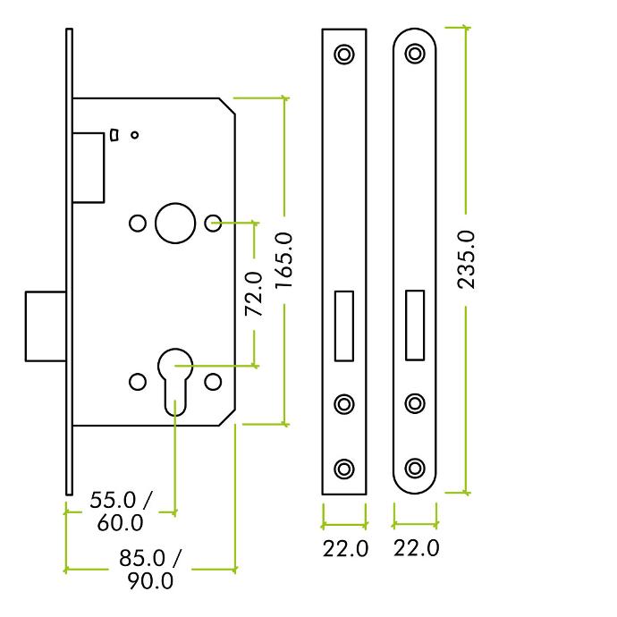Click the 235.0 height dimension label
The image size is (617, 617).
[466, 260]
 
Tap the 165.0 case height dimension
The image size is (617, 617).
[283, 261]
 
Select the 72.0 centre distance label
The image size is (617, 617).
[254, 294]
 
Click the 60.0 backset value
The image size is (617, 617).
[120, 523]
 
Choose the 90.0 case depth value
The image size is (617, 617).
[150, 581]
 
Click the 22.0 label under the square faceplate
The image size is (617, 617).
[345, 548]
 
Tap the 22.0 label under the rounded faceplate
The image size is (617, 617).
[417, 548]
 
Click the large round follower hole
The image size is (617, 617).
[175, 224]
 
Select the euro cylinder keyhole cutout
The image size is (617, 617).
[175, 382]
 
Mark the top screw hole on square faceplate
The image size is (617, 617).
[344, 54]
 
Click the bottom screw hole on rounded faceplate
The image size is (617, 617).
[415, 469]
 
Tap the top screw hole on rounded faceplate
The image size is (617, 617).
[415, 54]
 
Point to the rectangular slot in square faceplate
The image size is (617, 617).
[344, 325]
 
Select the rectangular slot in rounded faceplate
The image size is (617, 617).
[415, 325]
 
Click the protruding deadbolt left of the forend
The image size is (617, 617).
[46, 326]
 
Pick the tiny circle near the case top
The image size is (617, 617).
[134, 135]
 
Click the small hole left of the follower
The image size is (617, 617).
[138, 224]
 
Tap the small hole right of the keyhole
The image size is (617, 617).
[214, 382]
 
